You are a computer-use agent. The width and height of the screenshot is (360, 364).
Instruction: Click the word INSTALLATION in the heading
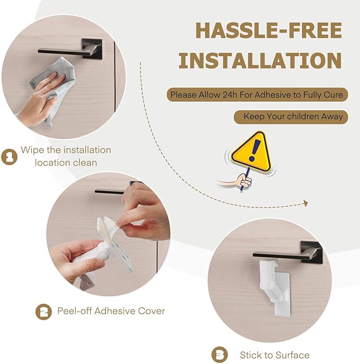[259, 61]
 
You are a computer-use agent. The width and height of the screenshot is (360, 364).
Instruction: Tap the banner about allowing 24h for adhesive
[258, 95]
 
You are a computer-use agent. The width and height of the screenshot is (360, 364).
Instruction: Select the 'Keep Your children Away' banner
[291, 117]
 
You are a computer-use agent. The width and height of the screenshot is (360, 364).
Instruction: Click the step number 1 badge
[9, 157]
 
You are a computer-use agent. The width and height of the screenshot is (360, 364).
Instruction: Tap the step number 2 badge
[43, 312]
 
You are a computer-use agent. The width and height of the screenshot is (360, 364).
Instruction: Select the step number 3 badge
[219, 354]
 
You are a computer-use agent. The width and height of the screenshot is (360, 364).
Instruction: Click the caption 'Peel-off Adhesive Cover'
[111, 311]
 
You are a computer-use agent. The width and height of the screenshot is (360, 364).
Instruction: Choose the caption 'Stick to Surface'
[274, 354]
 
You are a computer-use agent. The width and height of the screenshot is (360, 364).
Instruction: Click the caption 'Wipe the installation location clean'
[66, 156]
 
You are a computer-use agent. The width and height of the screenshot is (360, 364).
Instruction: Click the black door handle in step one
[69, 51]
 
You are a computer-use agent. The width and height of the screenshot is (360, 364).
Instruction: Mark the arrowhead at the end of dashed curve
[305, 203]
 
